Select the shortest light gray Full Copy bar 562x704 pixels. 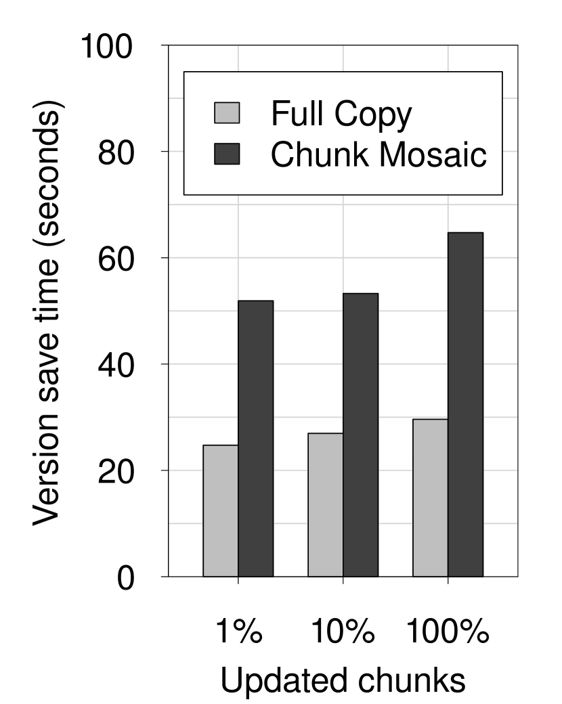221,510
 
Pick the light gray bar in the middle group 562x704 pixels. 326,504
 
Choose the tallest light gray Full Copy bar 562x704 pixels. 431,498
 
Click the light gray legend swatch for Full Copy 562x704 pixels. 227,113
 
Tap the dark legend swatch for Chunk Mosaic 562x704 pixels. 227,154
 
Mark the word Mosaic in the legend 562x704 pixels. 433,154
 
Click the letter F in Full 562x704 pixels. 278,113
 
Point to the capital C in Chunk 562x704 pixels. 282,154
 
